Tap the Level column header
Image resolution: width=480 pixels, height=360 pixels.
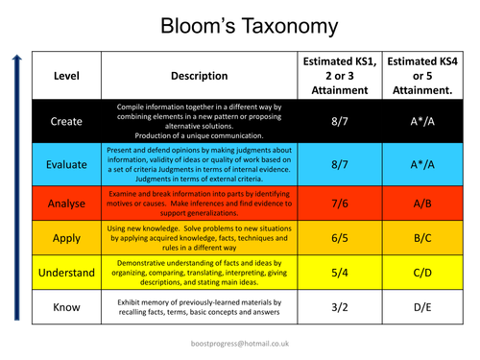[x=66, y=75]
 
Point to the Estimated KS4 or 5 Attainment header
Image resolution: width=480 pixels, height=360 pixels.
[x=420, y=75]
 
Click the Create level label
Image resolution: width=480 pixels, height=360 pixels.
[x=66, y=122]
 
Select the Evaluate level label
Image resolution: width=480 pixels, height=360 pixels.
[x=66, y=164]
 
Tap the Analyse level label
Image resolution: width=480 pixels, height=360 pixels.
[x=66, y=204]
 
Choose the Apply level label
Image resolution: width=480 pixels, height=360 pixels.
[x=66, y=239]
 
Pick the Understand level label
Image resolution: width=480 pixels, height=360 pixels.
[x=66, y=273]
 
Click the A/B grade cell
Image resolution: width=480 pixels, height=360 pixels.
[x=420, y=204]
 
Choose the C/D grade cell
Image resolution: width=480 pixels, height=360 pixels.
[x=420, y=273]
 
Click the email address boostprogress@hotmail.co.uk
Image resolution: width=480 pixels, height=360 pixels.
[x=240, y=342]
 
